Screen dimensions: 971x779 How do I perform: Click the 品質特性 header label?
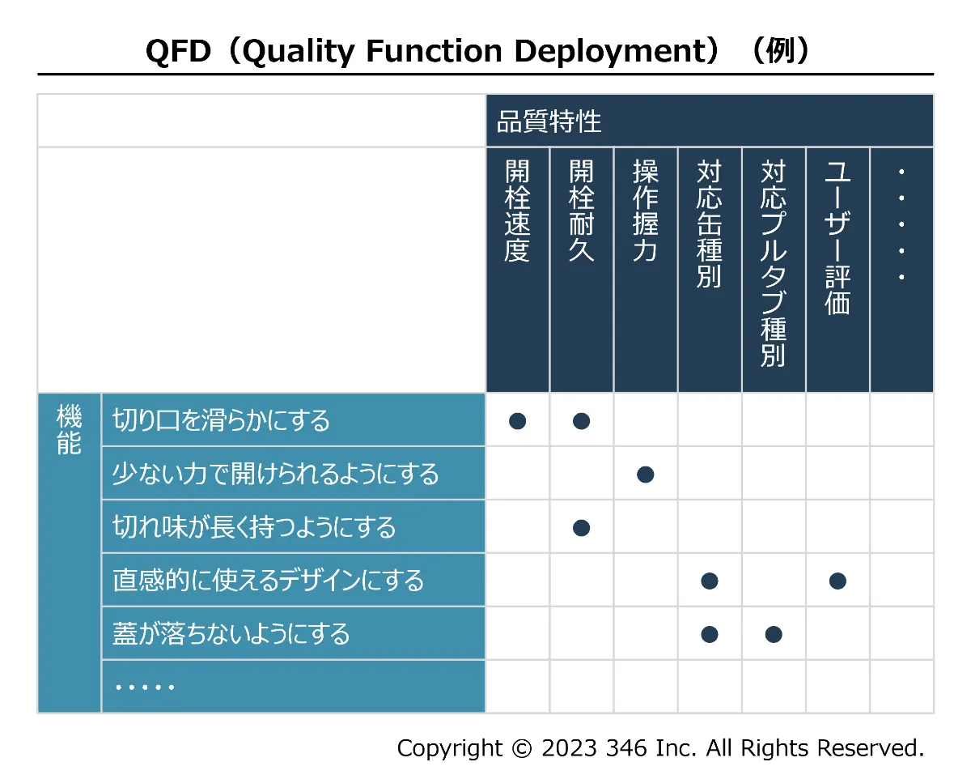(549, 121)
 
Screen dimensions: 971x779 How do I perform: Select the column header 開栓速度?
(517, 211)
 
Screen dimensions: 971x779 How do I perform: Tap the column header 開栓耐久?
(581, 211)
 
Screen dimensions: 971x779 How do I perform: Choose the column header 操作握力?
(645, 211)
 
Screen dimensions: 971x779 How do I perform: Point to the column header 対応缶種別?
(710, 223)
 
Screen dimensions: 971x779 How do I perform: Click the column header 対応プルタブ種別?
(774, 263)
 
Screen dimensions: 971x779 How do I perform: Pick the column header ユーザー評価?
(837, 236)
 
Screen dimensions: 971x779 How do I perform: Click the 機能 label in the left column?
(69, 429)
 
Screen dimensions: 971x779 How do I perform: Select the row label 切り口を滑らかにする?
(221, 420)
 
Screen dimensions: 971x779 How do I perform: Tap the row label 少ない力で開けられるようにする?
(275, 474)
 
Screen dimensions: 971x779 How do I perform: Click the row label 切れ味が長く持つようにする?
(254, 527)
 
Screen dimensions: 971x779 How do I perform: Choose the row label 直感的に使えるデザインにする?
(269, 581)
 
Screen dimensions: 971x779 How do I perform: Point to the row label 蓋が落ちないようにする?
(231, 633)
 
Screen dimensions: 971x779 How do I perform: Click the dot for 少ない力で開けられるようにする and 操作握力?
(645, 475)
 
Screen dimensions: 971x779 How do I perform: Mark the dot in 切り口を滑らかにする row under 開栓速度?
(517, 421)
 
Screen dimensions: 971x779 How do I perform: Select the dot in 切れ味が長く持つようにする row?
(581, 528)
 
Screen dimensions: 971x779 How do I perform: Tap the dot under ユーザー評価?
(837, 581)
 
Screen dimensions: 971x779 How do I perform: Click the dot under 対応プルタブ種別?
(774, 635)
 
